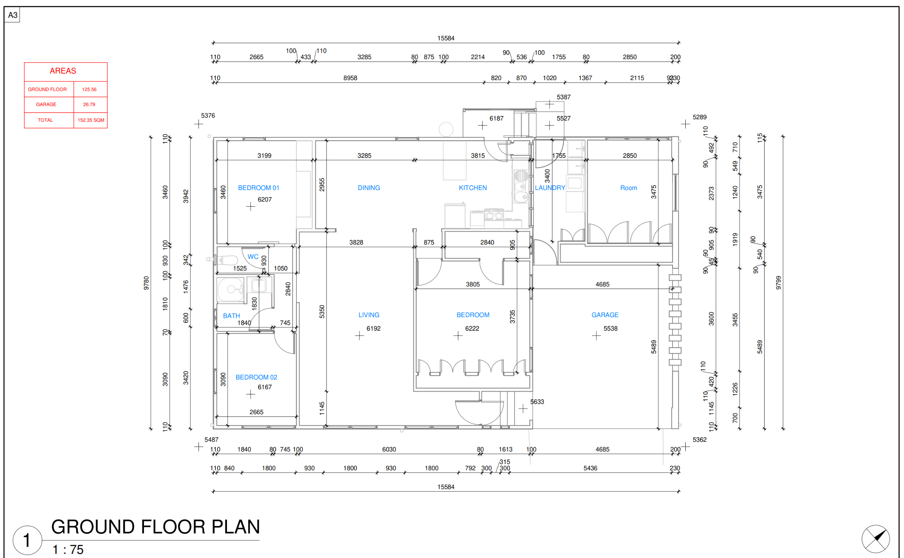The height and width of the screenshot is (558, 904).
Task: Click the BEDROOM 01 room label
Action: [x=259, y=188]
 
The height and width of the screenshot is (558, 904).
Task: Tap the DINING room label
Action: [x=369, y=188]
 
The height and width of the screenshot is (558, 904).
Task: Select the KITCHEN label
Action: [x=473, y=188]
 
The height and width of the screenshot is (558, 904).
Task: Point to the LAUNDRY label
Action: [x=550, y=188]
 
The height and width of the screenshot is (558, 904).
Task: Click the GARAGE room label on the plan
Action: [x=605, y=315]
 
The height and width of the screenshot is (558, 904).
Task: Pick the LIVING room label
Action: [x=369, y=315]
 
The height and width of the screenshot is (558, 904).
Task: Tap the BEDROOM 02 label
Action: [x=256, y=377]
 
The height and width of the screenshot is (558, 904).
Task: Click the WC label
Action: [x=253, y=257]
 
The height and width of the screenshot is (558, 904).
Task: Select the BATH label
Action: [x=231, y=316]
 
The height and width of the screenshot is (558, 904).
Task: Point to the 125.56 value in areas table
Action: [x=89, y=89]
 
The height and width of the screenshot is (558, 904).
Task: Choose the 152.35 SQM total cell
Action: [x=91, y=120]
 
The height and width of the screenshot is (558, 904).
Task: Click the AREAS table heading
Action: [x=63, y=71]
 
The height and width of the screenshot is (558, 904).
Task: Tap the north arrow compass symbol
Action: [x=876, y=539]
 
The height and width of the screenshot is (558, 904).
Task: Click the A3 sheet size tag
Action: [x=13, y=15]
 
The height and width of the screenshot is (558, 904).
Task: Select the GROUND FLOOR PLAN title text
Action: [x=156, y=527]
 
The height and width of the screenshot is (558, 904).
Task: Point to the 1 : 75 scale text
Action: [x=68, y=550]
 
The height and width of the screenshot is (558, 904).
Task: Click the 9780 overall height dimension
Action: [x=147, y=283]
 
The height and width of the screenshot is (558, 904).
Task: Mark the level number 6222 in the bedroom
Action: [x=472, y=328]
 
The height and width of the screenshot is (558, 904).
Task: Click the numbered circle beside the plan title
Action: [x=27, y=540]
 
